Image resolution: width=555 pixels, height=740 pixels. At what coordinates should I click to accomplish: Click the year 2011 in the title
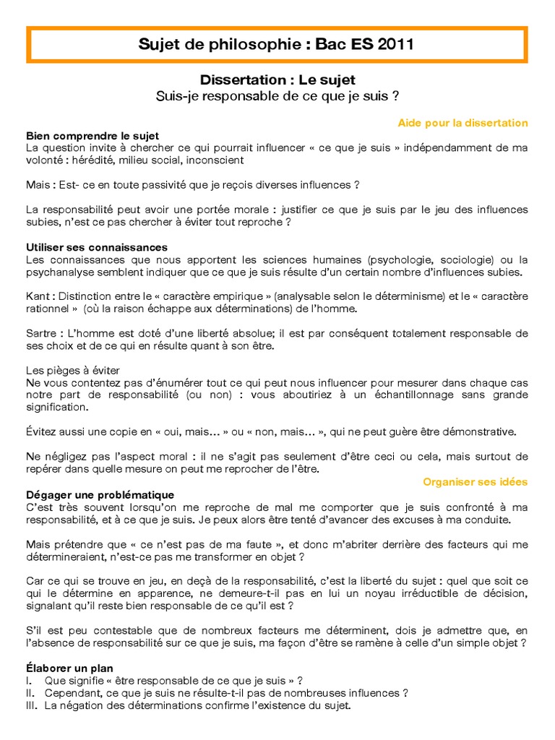click(394, 45)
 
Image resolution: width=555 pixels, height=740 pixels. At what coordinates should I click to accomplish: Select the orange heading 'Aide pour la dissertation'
click(462, 123)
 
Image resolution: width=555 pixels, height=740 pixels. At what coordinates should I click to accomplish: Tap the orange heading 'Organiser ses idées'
click(475, 481)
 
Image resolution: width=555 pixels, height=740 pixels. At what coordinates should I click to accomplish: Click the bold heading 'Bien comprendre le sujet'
click(92, 136)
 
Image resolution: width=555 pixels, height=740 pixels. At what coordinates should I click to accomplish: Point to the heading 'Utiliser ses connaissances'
click(97, 247)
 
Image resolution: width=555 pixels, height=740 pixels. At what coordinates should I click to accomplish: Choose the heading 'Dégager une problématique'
click(100, 495)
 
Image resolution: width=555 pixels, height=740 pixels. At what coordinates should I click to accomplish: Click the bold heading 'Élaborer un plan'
click(69, 668)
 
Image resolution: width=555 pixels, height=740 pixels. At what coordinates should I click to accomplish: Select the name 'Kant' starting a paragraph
click(38, 296)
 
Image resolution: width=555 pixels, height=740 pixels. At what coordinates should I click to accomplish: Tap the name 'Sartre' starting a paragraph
click(41, 334)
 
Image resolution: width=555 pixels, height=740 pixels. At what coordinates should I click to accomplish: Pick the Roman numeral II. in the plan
click(31, 693)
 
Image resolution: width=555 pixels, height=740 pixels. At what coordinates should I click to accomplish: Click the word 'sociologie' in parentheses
click(465, 259)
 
